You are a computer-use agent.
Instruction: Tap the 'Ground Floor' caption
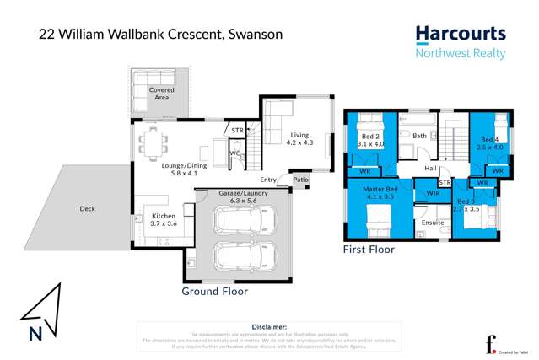pyautogui.click(x=215, y=291)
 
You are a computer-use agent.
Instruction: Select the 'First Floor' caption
pyautogui.click(x=368, y=250)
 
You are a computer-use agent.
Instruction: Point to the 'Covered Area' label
pyautogui.click(x=162, y=94)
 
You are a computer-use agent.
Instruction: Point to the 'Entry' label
pyautogui.click(x=268, y=180)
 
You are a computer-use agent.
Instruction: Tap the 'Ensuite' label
pyautogui.click(x=433, y=222)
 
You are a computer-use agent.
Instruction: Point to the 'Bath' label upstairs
pyautogui.click(x=419, y=136)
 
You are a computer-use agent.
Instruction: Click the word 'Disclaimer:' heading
pyautogui.click(x=270, y=326)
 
